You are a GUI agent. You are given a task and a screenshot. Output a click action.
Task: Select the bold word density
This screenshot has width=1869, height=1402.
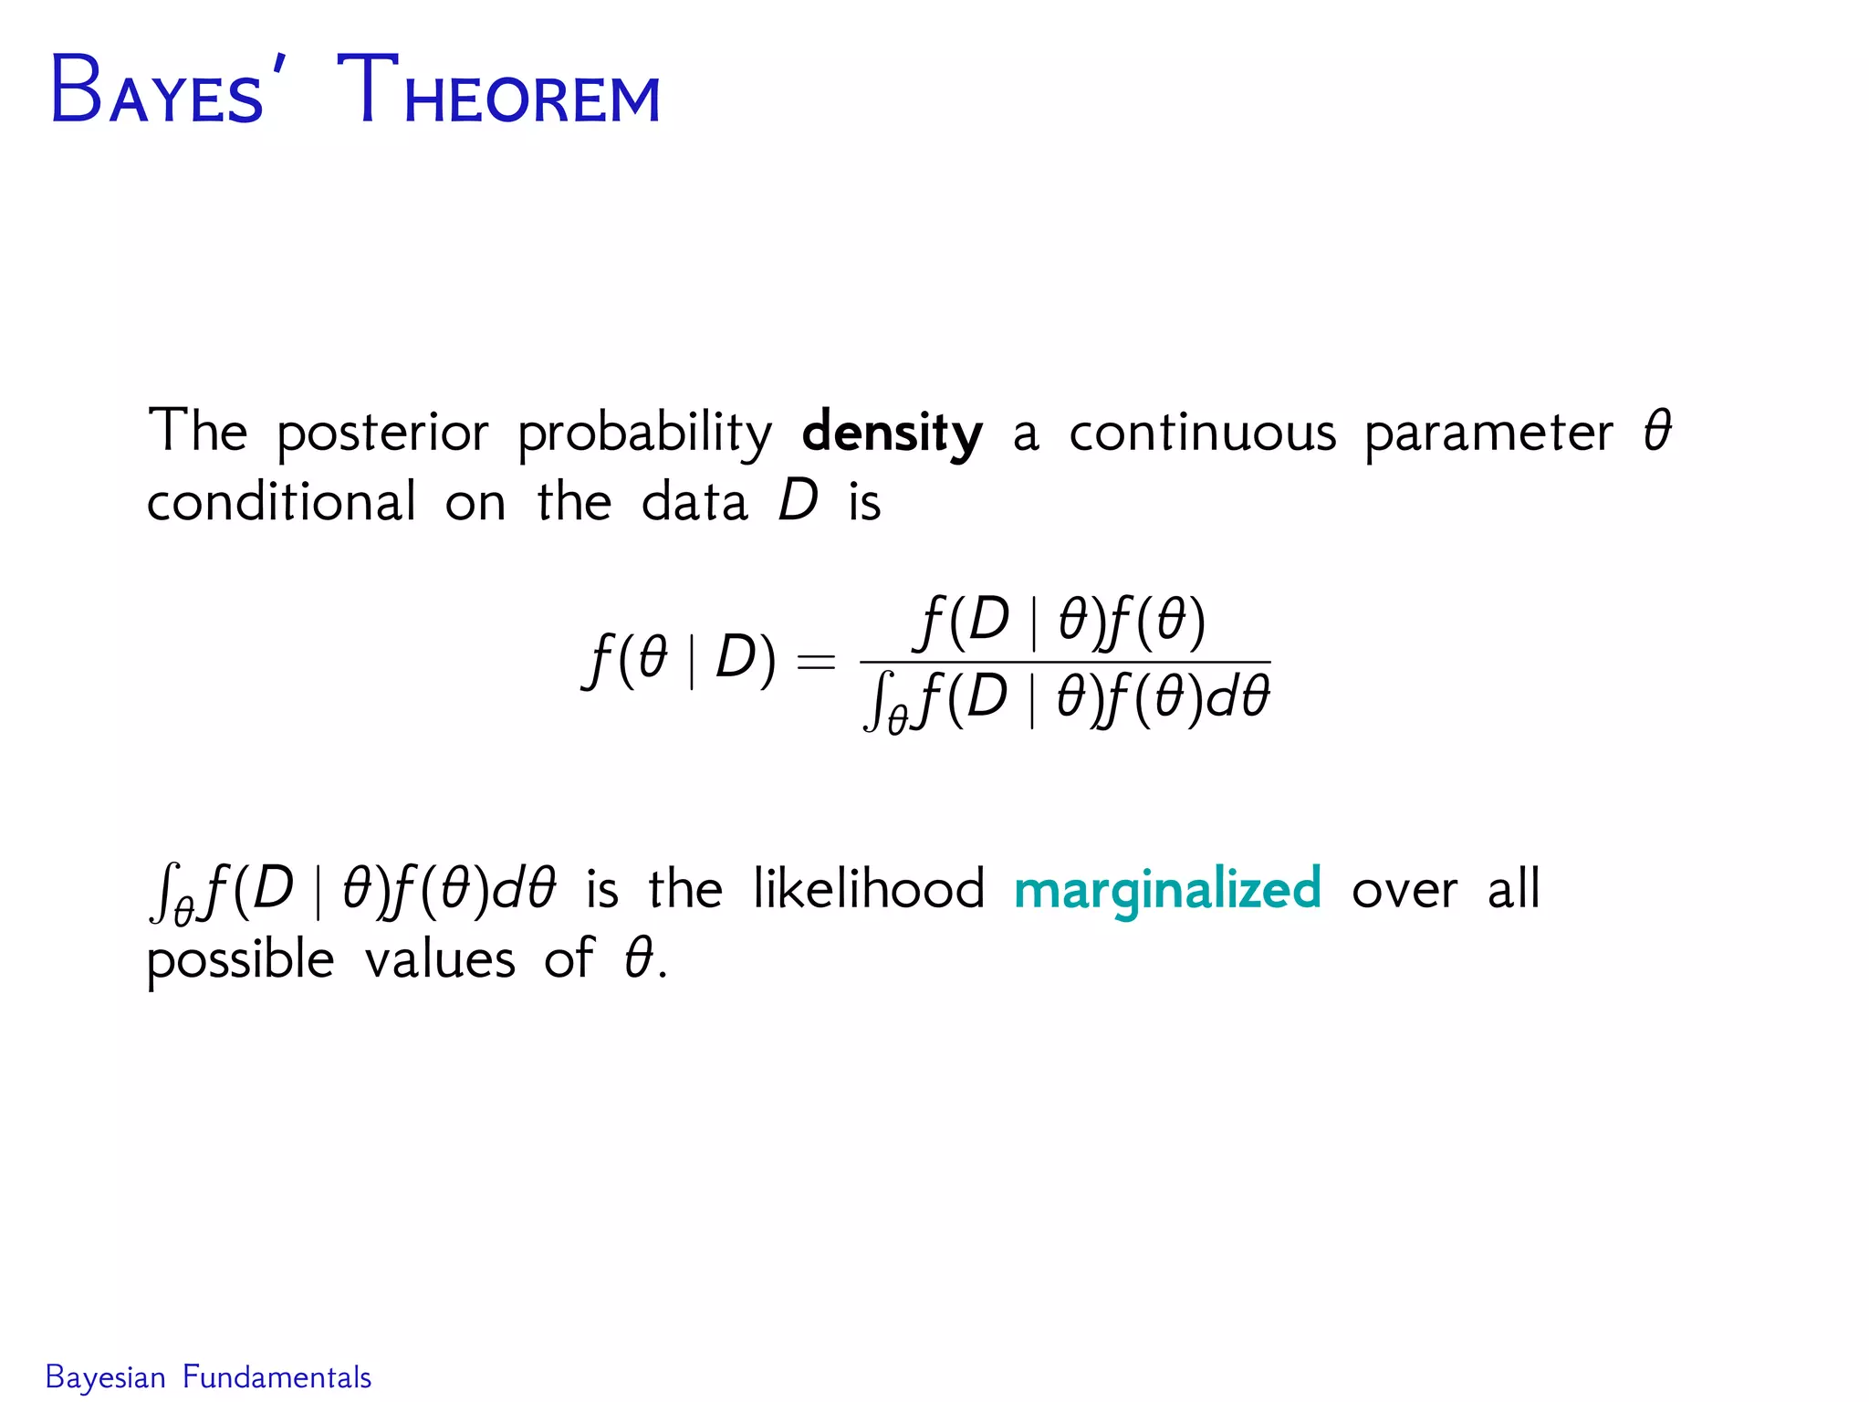point(892,433)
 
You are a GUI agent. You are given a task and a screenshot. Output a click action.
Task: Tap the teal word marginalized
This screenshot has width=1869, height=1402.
point(1167,890)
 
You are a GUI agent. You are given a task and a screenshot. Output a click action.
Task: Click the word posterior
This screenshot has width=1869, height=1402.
point(382,433)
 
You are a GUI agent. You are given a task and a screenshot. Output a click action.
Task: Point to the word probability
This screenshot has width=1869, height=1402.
point(644,433)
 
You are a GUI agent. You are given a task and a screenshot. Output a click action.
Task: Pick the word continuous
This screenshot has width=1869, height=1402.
point(1202,433)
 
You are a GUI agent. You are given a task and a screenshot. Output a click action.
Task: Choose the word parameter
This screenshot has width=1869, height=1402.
point(1488,433)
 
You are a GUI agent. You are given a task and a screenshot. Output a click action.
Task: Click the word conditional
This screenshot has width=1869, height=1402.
point(281,502)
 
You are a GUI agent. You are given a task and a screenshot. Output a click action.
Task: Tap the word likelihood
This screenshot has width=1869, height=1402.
point(869,889)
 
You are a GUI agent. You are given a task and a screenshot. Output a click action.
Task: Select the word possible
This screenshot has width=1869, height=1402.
point(240,960)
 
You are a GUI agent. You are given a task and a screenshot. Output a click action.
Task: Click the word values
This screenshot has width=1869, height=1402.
point(440,960)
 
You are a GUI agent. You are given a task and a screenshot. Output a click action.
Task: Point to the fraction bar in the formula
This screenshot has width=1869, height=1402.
point(1064,662)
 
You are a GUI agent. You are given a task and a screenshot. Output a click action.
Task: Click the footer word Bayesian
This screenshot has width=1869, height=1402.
point(105,1377)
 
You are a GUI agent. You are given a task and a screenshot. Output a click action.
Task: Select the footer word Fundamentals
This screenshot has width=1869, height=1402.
point(277,1377)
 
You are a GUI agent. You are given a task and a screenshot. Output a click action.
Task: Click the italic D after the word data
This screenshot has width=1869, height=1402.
point(799,502)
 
